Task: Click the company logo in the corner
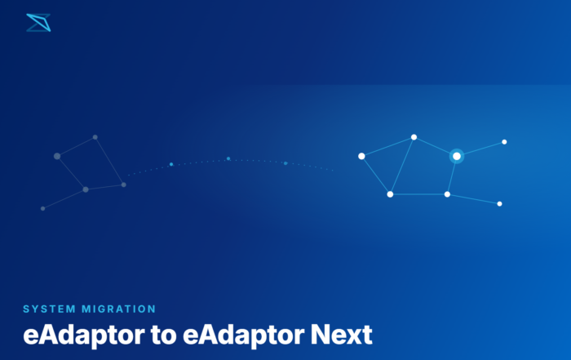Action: pyautogui.click(x=38, y=23)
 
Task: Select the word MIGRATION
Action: pyautogui.click(x=119, y=309)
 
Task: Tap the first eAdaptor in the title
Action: pyautogui.click(x=84, y=336)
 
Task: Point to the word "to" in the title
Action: pyautogui.click(x=163, y=336)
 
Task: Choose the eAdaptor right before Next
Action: pyautogui.click(x=243, y=336)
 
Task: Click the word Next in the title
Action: pyautogui.click(x=341, y=335)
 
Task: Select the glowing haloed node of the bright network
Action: pyautogui.click(x=457, y=156)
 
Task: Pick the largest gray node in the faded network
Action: pyautogui.click(x=57, y=156)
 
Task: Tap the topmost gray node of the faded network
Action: pyautogui.click(x=95, y=137)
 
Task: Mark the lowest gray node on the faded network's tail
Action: pyautogui.click(x=43, y=209)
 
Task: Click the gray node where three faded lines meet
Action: pyautogui.click(x=86, y=189)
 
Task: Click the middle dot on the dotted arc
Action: pyautogui.click(x=228, y=158)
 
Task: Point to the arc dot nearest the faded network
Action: pyautogui.click(x=171, y=164)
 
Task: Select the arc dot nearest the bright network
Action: pyautogui.click(x=285, y=163)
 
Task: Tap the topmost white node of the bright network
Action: pyautogui.click(x=414, y=137)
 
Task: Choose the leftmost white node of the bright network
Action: pyautogui.click(x=361, y=156)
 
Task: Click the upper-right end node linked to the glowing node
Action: pyautogui.click(x=504, y=142)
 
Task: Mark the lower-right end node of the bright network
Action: pyautogui.click(x=499, y=204)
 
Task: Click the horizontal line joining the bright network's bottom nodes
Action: pyautogui.click(x=418, y=194)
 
